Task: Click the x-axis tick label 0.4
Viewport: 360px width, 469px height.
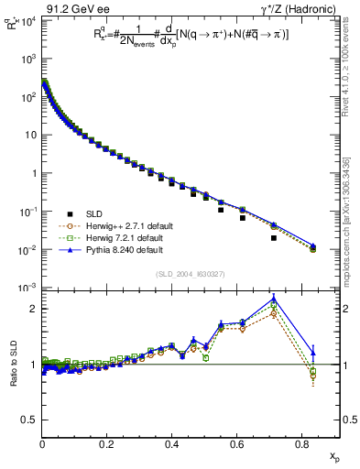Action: (173, 444)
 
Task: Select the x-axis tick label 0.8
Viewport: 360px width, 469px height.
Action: (303, 444)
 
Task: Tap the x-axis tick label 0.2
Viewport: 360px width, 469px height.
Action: (108, 444)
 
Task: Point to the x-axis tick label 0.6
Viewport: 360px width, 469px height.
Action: (238, 444)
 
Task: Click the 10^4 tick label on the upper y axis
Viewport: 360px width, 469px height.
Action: (27, 20)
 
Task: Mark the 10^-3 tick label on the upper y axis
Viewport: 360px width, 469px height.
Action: (27, 288)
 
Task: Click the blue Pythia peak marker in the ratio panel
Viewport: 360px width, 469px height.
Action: (275, 299)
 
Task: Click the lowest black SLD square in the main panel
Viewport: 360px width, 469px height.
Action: (275, 238)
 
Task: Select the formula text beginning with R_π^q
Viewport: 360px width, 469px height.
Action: (182, 34)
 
